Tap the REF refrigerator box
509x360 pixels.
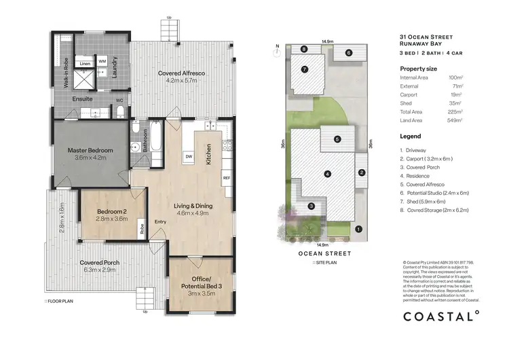(226, 178)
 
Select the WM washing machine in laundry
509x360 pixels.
(102, 61)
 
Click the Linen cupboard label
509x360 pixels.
(85, 63)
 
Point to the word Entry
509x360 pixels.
(160, 222)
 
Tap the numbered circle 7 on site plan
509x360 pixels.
(305, 69)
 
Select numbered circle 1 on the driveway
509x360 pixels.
(359, 229)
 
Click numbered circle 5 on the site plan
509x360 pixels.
(337, 139)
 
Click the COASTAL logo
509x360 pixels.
(442, 315)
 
